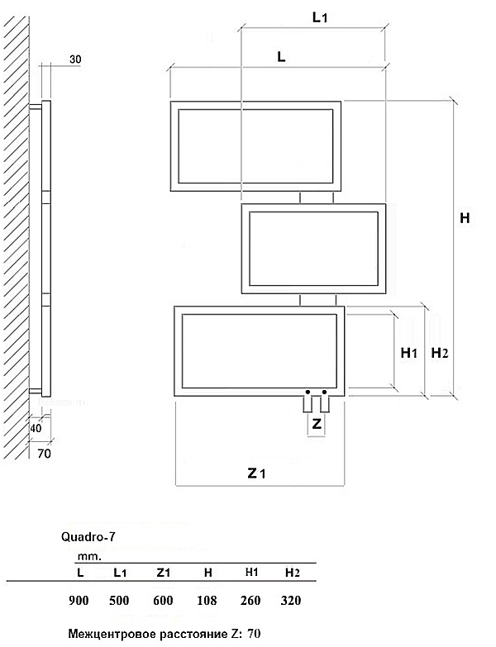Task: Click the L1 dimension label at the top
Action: click(320, 17)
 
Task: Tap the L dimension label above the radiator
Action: click(281, 56)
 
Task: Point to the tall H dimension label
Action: click(465, 217)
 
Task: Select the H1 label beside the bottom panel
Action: click(409, 353)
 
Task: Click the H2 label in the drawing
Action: click(440, 353)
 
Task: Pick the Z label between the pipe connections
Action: click(317, 423)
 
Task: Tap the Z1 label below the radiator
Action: click(256, 473)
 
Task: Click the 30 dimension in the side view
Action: click(75, 59)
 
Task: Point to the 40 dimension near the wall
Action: click(36, 428)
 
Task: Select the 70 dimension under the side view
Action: click(44, 454)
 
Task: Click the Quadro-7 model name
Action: click(88, 537)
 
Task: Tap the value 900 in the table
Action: click(79, 601)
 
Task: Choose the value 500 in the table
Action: click(119, 601)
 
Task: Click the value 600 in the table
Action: click(163, 601)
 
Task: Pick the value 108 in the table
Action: click(207, 601)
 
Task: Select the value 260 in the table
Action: click(250, 601)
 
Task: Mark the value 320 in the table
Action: click(291, 601)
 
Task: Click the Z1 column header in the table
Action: click(164, 573)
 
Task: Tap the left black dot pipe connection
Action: click(308, 392)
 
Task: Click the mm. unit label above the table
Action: click(89, 557)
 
